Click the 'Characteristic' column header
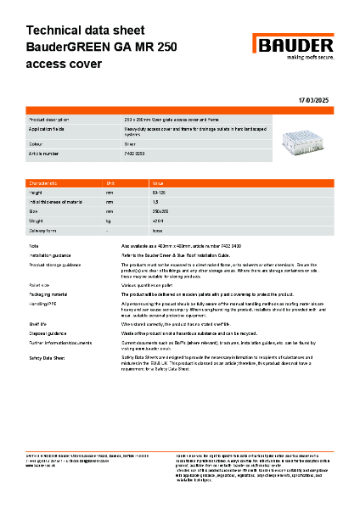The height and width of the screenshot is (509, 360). pos(45,183)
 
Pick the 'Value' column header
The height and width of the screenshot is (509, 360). pos(158,183)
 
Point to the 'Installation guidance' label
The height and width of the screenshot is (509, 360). pos(56,254)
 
